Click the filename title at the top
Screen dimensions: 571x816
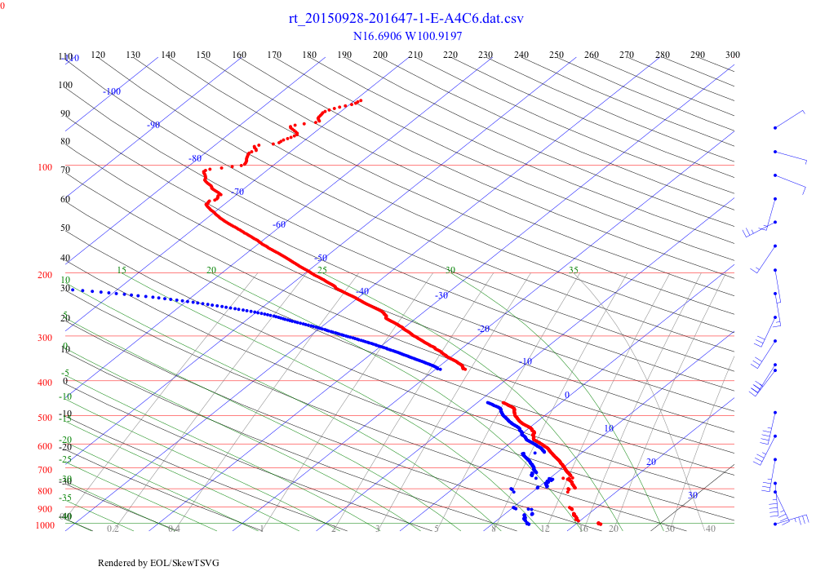pyautogui.click(x=406, y=19)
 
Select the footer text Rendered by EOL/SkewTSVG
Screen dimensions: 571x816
pyautogui.click(x=158, y=563)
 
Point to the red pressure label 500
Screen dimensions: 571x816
pyautogui.click(x=44, y=418)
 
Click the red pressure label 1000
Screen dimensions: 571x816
pyautogui.click(x=44, y=526)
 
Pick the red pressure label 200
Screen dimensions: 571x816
pyautogui.click(x=44, y=276)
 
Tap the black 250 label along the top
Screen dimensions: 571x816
pyautogui.click(x=557, y=55)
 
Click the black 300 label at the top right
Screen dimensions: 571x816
pyautogui.click(x=733, y=55)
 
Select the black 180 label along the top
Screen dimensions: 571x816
pyautogui.click(x=309, y=55)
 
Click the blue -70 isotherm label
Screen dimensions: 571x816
pyautogui.click(x=237, y=192)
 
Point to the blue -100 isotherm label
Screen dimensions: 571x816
pyautogui.click(x=112, y=91)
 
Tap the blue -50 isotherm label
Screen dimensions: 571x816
pyautogui.click(x=321, y=258)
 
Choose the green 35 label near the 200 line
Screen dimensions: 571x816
pyautogui.click(x=574, y=270)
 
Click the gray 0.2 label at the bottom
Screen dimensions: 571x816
pyautogui.click(x=113, y=529)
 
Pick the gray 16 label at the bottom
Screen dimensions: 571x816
pyautogui.click(x=583, y=529)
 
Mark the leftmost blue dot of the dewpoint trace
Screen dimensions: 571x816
pyautogui.click(x=72, y=290)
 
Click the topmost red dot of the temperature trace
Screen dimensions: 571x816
pyautogui.click(x=361, y=100)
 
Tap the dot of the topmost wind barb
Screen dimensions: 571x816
pyautogui.click(x=774, y=127)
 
